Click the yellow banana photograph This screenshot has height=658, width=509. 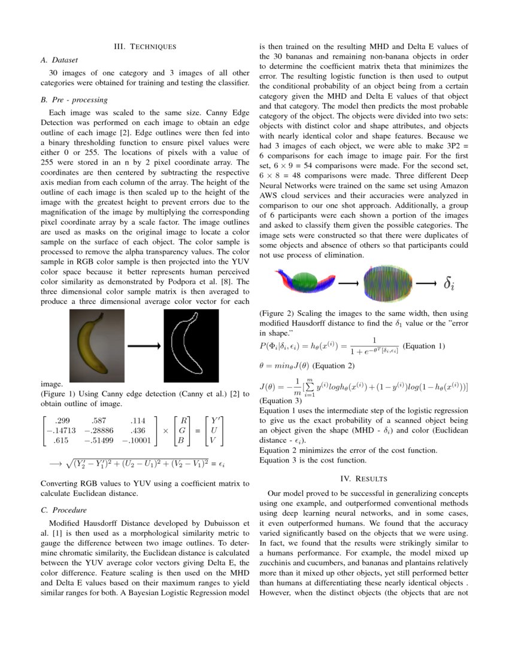pyautogui.click(x=96, y=346)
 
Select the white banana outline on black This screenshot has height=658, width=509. pyautogui.click(x=191, y=346)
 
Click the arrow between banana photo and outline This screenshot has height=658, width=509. pyautogui.click(x=144, y=346)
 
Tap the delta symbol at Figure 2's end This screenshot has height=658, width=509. pyautogui.click(x=449, y=284)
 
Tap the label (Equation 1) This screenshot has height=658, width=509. pyautogui.click(x=424, y=346)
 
